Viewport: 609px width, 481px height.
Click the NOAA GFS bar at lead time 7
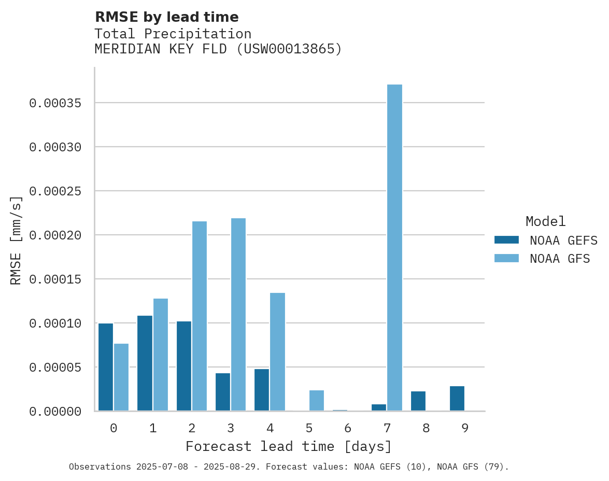tap(394, 248)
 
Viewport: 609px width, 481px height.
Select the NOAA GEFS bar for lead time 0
tap(106, 367)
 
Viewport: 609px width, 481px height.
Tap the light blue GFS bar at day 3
tap(238, 315)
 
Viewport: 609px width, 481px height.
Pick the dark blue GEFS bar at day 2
tap(184, 366)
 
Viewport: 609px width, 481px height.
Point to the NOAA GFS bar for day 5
tap(316, 401)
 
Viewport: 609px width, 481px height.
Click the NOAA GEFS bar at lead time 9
tap(457, 399)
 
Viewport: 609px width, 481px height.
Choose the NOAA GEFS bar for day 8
tap(418, 401)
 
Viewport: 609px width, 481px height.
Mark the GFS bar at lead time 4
tap(277, 352)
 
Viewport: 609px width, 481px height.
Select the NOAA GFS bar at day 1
tap(161, 355)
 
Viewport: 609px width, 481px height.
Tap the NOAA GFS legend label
tap(560, 258)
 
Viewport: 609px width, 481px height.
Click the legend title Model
tap(545, 221)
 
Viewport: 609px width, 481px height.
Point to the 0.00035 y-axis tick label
tap(55, 103)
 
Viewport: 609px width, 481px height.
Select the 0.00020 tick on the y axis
tap(55, 235)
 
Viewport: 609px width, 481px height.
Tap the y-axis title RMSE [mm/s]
tap(16, 240)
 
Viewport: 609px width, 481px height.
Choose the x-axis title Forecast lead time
tap(289, 446)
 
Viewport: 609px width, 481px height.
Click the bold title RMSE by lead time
tap(167, 17)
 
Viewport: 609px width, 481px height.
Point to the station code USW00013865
tap(289, 49)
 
